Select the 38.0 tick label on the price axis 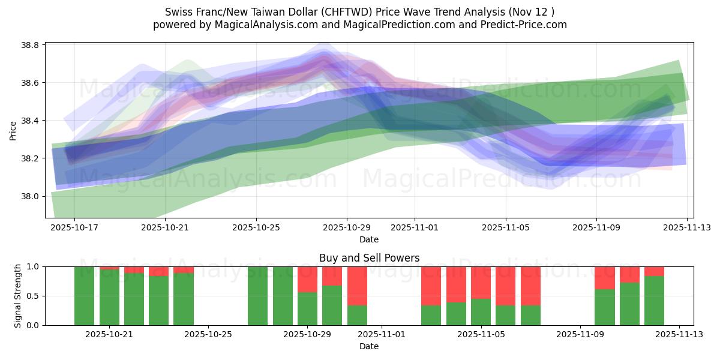tap(30, 196)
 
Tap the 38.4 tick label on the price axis tap(30, 121)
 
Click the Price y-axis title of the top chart tap(13, 130)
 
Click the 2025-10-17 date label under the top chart tap(74, 228)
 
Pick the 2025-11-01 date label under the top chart tap(415, 228)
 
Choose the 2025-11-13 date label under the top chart tap(687, 228)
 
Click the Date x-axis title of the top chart tap(369, 239)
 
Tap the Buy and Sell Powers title tap(369, 259)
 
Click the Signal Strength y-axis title tap(18, 295)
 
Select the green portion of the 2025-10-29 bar tap(307, 308)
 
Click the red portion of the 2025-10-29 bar tap(307, 279)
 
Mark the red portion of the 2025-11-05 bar tap(481, 282)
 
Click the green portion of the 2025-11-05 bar tap(481, 311)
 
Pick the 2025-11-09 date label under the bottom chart tap(580, 335)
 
